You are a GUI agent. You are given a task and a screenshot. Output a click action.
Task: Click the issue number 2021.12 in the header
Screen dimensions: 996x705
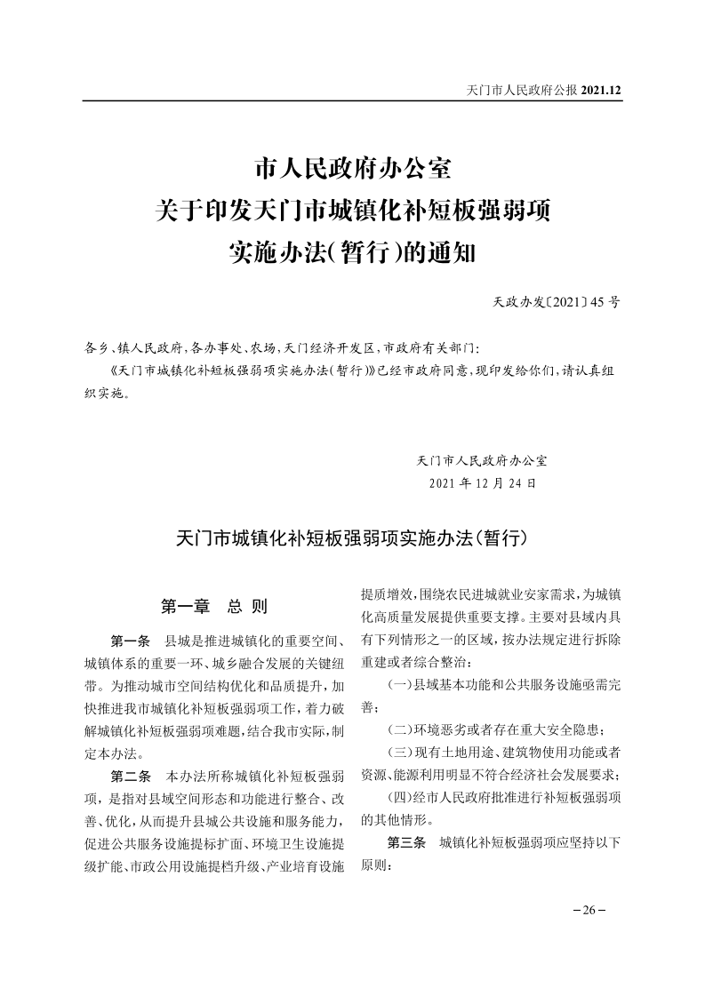[600, 90]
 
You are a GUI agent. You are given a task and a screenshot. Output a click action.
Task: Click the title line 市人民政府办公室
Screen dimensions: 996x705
[353, 169]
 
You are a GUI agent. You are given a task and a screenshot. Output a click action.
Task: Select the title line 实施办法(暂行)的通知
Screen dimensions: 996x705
[353, 254]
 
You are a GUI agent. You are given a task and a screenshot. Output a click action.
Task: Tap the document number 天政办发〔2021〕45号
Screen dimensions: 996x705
[557, 303]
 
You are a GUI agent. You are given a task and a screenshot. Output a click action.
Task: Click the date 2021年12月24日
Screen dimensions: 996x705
[482, 484]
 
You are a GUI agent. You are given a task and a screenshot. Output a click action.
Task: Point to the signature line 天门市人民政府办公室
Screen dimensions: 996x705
[482, 461]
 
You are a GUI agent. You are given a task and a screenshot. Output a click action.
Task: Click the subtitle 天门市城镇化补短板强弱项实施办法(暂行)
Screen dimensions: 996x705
[353, 538]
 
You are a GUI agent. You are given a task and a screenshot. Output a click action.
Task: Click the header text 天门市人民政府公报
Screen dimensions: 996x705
[522, 90]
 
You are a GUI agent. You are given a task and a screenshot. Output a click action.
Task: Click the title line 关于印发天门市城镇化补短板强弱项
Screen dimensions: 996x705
[353, 211]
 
